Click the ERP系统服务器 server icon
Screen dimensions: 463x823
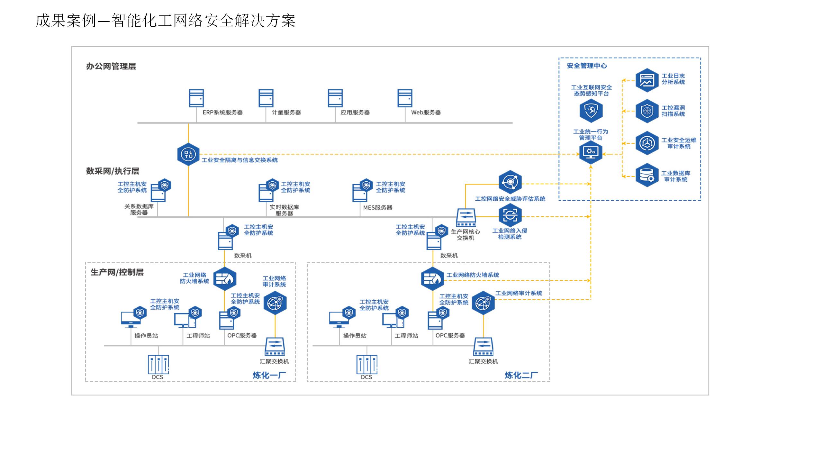(196, 98)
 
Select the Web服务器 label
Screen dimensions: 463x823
(426, 113)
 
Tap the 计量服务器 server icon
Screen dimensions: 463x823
(266, 98)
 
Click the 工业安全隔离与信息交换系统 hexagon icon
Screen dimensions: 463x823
(188, 154)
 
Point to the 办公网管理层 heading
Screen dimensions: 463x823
(111, 67)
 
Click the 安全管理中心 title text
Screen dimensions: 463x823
(587, 66)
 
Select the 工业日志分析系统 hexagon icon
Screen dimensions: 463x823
(647, 80)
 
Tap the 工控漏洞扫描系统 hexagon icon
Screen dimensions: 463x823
(647, 111)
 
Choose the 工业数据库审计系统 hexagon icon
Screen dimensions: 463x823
(647, 175)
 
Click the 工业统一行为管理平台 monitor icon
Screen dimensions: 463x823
(591, 152)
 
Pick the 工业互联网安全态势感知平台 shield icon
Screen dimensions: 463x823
(591, 111)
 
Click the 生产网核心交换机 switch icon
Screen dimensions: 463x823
(466, 218)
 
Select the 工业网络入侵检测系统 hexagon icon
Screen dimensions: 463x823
(510, 215)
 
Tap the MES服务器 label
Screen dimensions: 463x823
(378, 208)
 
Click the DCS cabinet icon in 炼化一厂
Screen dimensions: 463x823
(158, 364)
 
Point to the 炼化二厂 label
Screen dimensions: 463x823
(521, 375)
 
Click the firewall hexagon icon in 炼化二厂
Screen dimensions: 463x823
(432, 279)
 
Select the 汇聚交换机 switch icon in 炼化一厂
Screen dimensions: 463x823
(275, 346)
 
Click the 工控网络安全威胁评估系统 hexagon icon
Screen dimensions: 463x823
(510, 182)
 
